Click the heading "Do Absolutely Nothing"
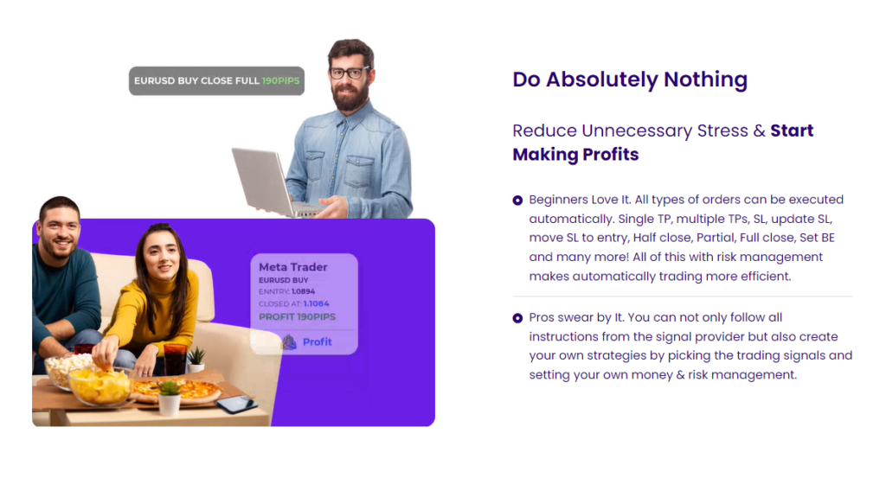[630, 80]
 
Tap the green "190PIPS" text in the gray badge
[281, 80]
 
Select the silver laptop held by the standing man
[271, 182]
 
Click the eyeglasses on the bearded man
[350, 73]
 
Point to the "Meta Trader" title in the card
[292, 267]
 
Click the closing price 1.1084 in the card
[316, 303]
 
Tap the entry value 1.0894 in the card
[303, 292]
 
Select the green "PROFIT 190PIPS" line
[297, 316]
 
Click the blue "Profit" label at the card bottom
[317, 342]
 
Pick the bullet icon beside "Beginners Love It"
[517, 201]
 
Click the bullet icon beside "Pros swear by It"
[517, 318]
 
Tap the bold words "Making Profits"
[575, 155]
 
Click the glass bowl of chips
[100, 386]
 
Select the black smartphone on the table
[236, 404]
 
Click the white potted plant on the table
[169, 399]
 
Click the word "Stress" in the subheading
[722, 131]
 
